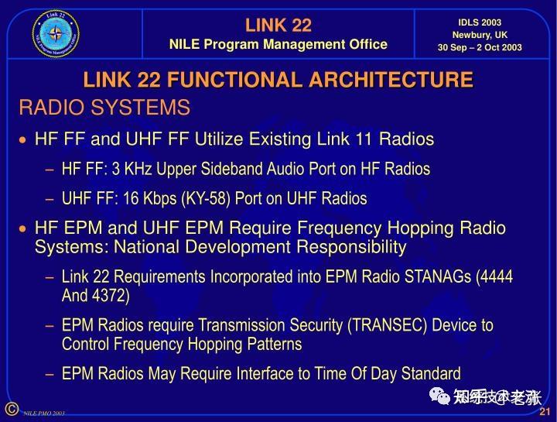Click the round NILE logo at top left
click(56, 33)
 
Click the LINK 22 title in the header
click(278, 25)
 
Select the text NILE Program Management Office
click(278, 44)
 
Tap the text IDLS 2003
click(480, 22)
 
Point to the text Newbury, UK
click(480, 35)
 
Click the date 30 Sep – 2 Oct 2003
click(480, 47)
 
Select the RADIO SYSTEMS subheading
click(104, 107)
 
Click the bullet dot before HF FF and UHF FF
click(23, 140)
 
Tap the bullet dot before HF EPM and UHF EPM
click(23, 229)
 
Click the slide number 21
click(544, 411)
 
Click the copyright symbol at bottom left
click(10, 409)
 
